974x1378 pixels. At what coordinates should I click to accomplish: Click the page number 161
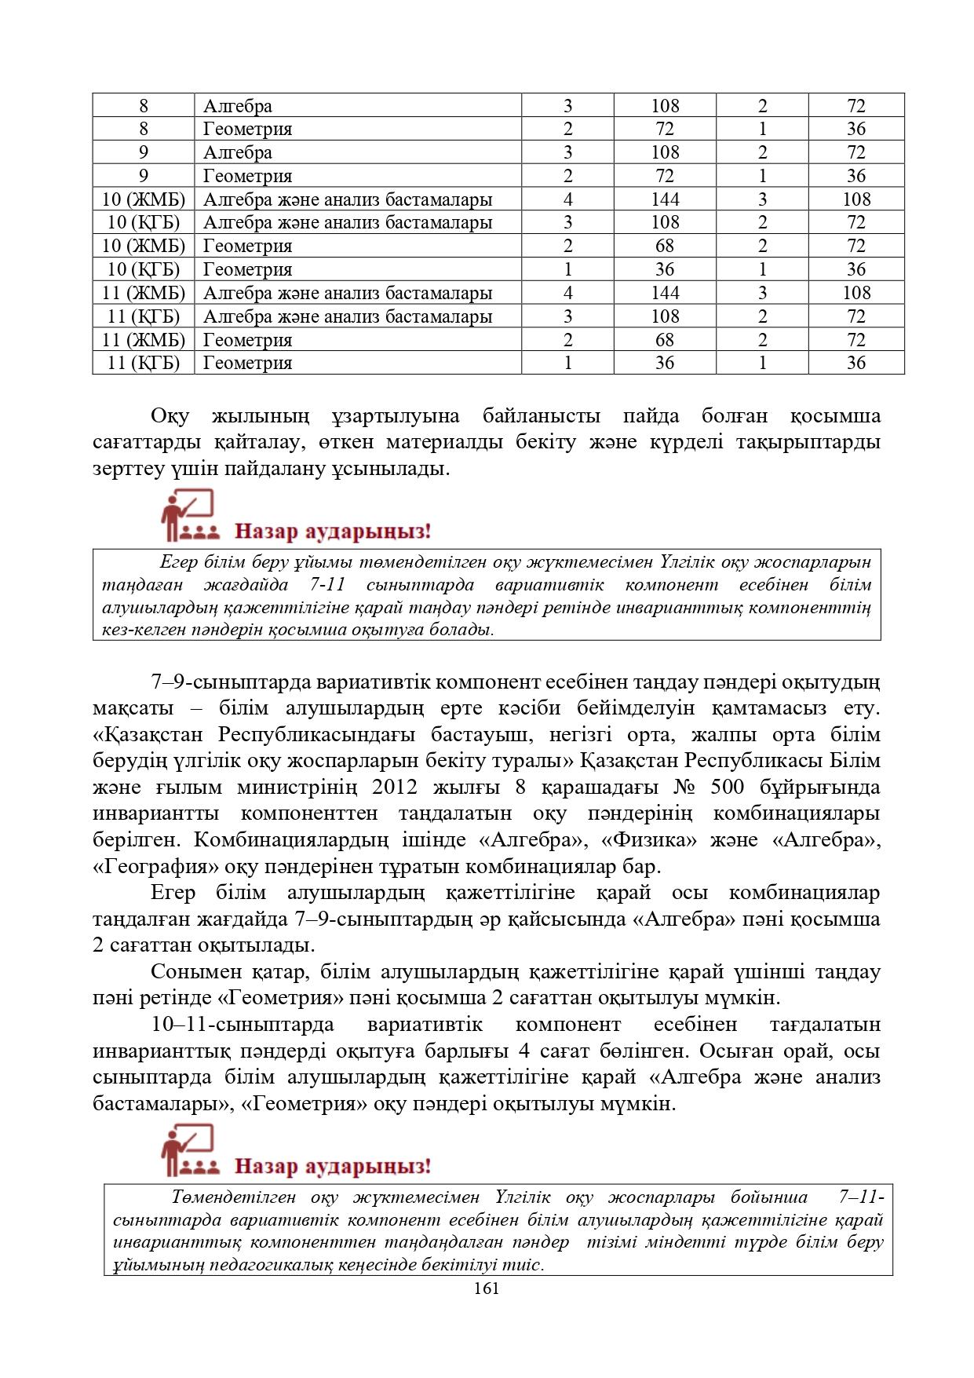pyautogui.click(x=487, y=1288)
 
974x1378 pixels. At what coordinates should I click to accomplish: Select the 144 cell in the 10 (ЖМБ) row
pyautogui.click(x=664, y=199)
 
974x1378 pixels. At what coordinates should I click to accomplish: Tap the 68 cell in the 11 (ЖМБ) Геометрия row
pyautogui.click(x=664, y=340)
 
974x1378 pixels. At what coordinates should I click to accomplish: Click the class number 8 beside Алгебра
pyautogui.click(x=143, y=106)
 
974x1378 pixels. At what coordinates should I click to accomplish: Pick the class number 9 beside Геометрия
pyautogui.click(x=143, y=176)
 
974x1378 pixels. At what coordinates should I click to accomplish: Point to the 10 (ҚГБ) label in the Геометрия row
pyautogui.click(x=143, y=269)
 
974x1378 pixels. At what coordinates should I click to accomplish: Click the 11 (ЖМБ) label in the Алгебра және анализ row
pyautogui.click(x=143, y=293)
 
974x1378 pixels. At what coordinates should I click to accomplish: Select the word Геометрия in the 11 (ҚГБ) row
pyautogui.click(x=247, y=363)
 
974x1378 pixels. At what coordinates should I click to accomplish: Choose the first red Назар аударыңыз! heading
pyautogui.click(x=333, y=532)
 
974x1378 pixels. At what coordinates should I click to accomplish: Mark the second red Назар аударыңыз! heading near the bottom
pyautogui.click(x=333, y=1166)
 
